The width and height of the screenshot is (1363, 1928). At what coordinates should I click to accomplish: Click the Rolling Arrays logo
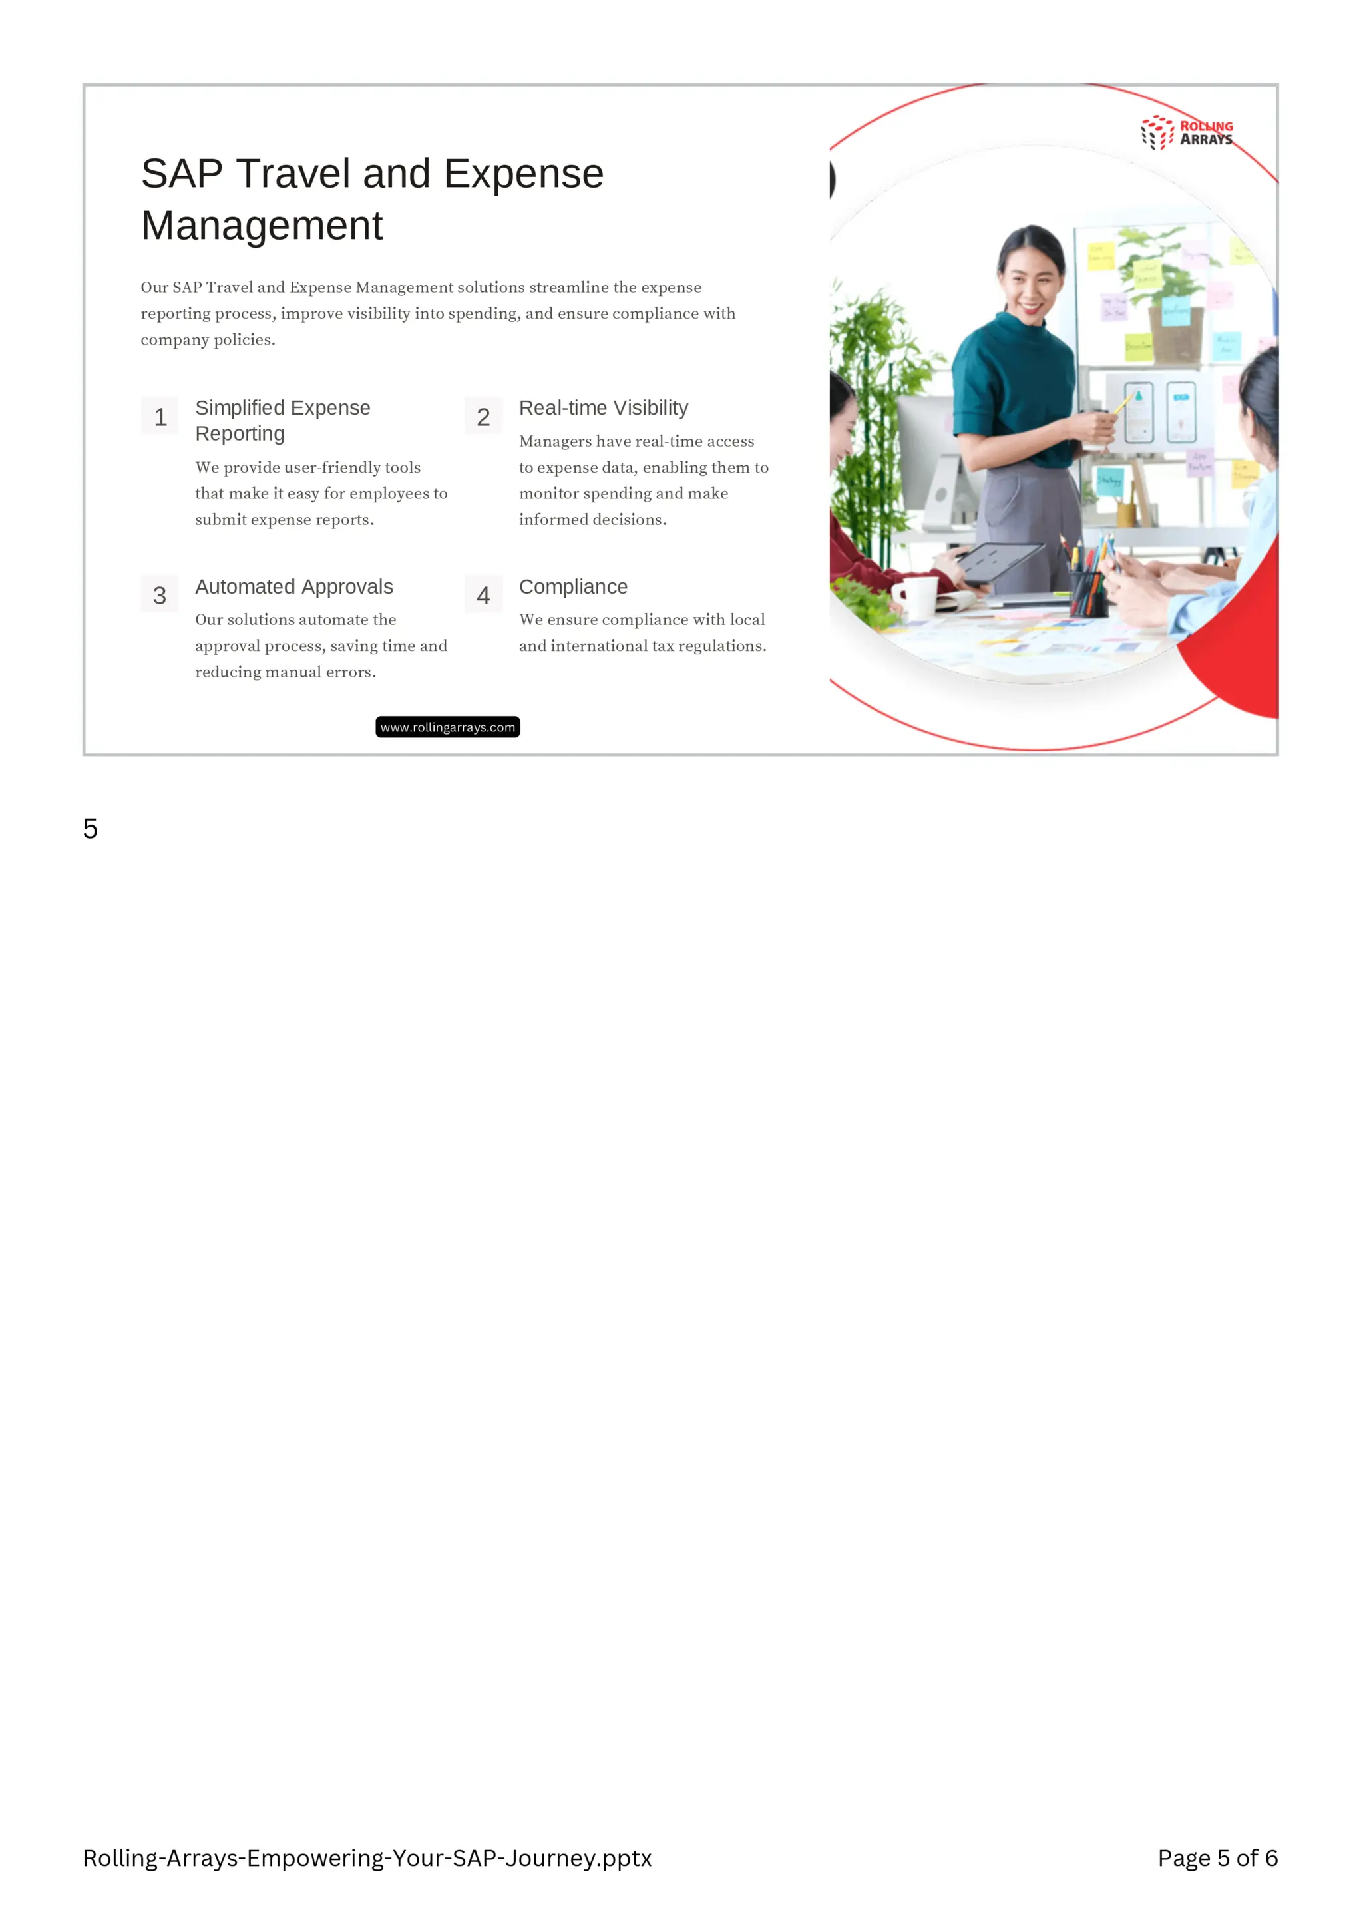(1186, 132)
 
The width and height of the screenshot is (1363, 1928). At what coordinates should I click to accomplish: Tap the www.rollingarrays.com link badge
(448, 727)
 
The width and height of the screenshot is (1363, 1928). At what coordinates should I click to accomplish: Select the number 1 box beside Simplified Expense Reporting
(160, 417)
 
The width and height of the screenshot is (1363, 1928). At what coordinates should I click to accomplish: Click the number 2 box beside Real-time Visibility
(483, 417)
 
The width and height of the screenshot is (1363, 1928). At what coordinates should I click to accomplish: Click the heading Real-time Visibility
(603, 408)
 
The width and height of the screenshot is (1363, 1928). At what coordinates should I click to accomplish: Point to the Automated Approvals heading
(294, 587)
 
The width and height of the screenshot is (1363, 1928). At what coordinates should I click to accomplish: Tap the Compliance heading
(573, 587)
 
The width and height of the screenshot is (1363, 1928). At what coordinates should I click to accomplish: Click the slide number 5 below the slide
(91, 829)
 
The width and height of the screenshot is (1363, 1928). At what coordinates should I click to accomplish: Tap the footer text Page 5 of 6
(1217, 1858)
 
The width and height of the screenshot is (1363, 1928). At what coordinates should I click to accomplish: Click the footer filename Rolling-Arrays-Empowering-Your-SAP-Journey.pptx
(367, 1858)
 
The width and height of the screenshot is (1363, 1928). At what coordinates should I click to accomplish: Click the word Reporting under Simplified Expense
(240, 434)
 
